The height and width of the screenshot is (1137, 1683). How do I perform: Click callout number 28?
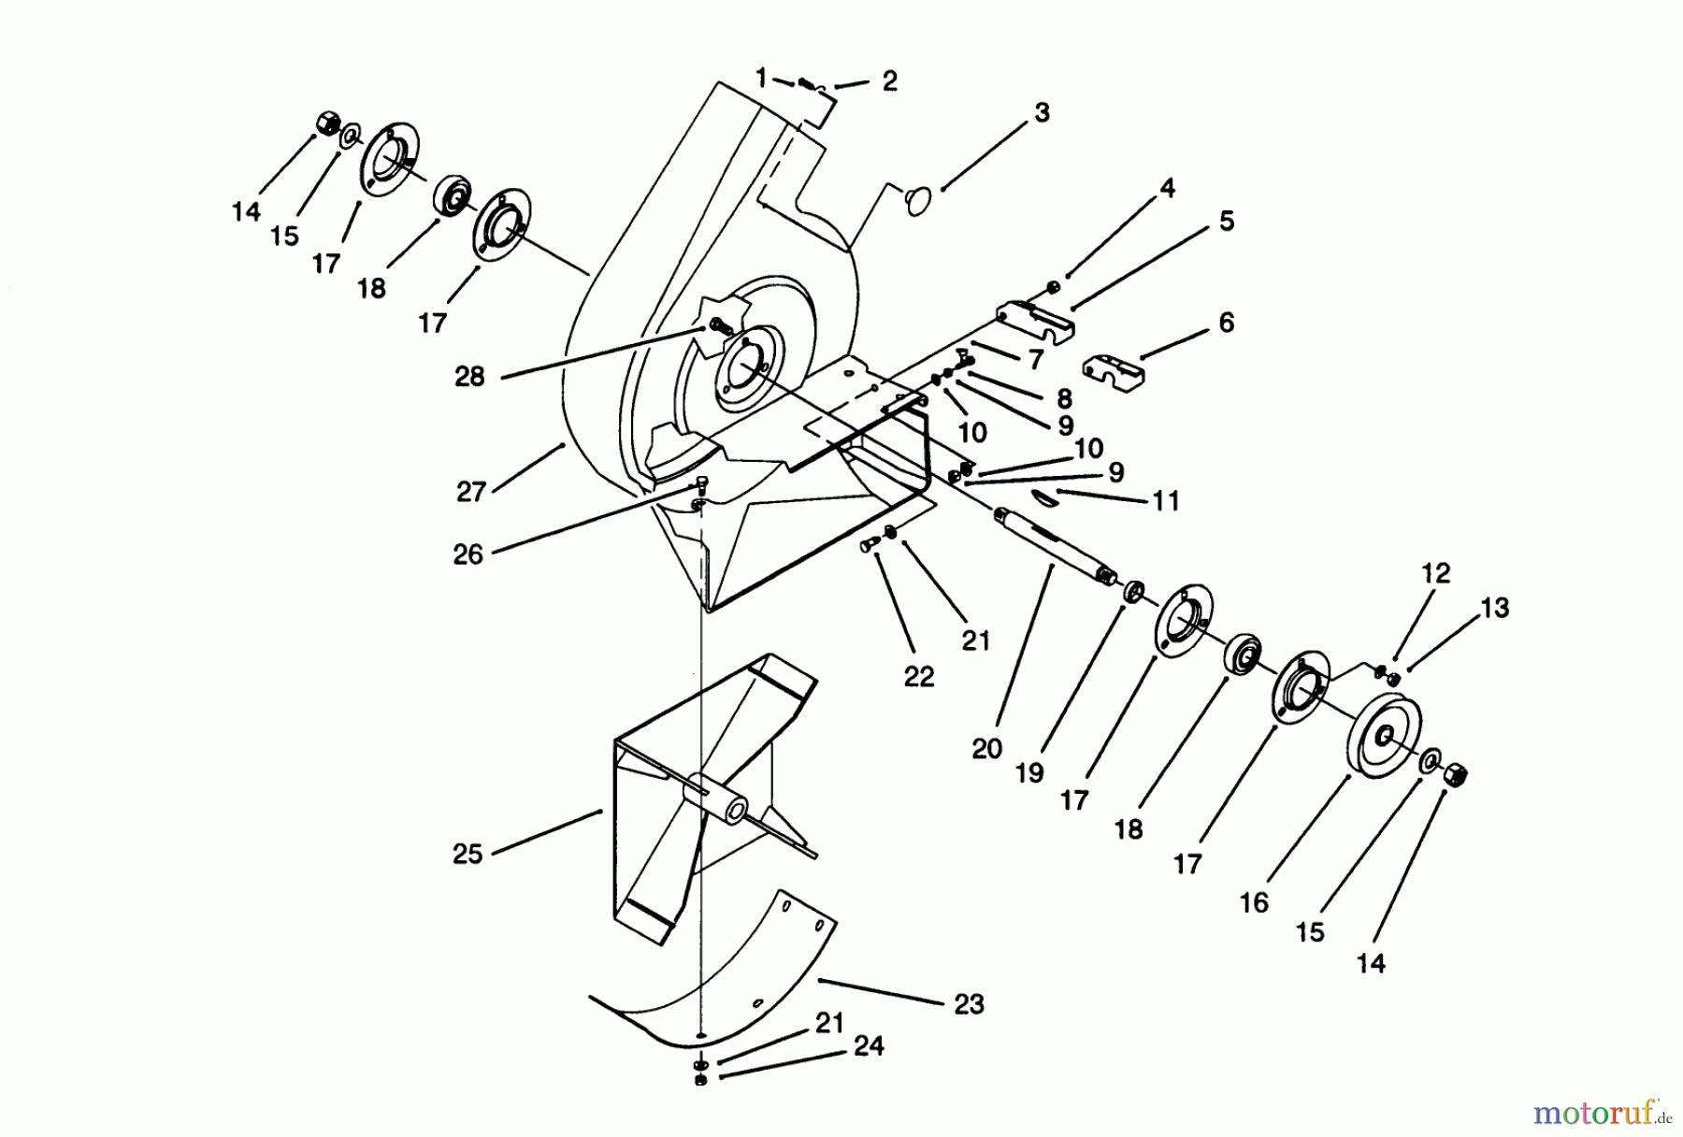click(x=469, y=377)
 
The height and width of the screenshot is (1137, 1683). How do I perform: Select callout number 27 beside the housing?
click(x=470, y=492)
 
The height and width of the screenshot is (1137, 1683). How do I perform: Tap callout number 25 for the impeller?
click(x=467, y=854)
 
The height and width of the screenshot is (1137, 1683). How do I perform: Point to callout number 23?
click(x=969, y=1004)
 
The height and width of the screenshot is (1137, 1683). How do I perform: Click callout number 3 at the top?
click(x=1042, y=112)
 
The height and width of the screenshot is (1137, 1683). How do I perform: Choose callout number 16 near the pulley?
click(x=1254, y=902)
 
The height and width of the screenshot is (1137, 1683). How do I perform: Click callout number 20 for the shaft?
click(x=986, y=749)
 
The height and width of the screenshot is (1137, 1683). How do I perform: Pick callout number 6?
click(x=1226, y=323)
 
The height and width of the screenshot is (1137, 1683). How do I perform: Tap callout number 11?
click(x=1165, y=501)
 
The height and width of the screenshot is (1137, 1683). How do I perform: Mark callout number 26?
click(x=467, y=554)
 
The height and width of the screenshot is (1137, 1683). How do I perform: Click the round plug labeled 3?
click(x=918, y=198)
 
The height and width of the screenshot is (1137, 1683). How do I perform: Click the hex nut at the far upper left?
click(x=327, y=122)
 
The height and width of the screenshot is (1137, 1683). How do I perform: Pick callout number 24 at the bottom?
click(x=869, y=1045)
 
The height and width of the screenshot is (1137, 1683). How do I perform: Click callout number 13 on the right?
click(x=1494, y=608)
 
